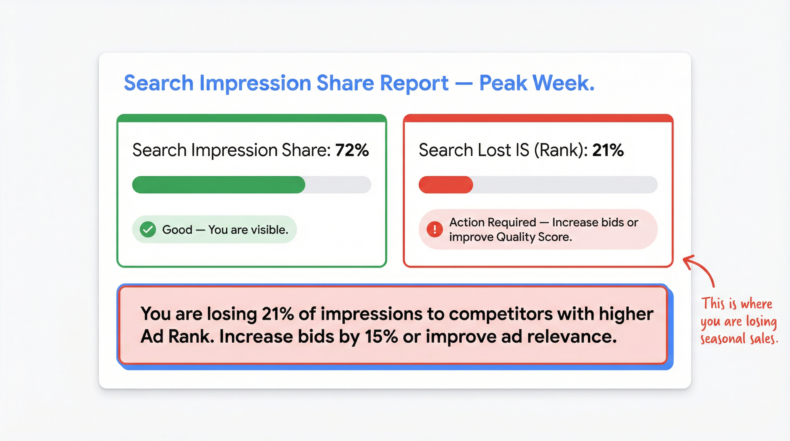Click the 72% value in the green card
pyautogui.click(x=352, y=150)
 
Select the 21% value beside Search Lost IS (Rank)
pyautogui.click(x=608, y=150)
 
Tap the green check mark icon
pyautogui.click(x=148, y=229)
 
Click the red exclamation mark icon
pyautogui.click(x=435, y=229)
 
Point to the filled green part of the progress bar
pyautogui.click(x=218, y=185)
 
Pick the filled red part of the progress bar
pyautogui.click(x=446, y=185)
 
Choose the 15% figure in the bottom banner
pyautogui.click(x=381, y=336)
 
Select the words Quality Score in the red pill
pyautogui.click(x=534, y=237)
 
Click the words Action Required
pyautogui.click(x=493, y=222)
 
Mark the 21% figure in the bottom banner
pyautogui.click(x=278, y=314)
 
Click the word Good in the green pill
pyautogui.click(x=177, y=230)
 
